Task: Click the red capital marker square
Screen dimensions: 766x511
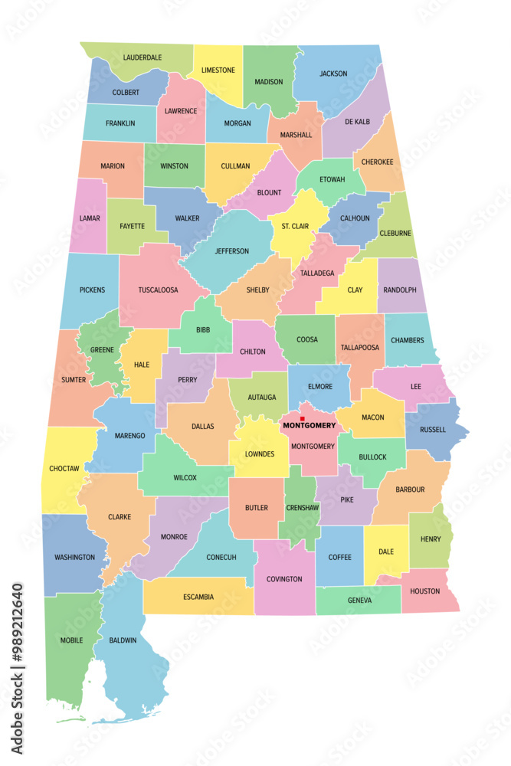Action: pos(303,418)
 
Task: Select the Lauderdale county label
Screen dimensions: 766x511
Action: pos(142,57)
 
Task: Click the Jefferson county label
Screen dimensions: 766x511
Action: pos(232,251)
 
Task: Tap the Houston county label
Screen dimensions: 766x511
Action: pos(425,591)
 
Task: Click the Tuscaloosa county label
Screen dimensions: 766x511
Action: pos(159,290)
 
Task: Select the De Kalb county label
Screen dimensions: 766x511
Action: pos(357,122)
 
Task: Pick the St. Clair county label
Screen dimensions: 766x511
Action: pos(294,225)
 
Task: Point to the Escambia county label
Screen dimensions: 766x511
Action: pos(198,597)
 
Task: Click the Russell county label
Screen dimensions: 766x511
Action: pos(433,430)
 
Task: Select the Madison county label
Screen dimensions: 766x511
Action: pos(269,82)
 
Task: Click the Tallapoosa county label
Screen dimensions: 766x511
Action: pos(360,347)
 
